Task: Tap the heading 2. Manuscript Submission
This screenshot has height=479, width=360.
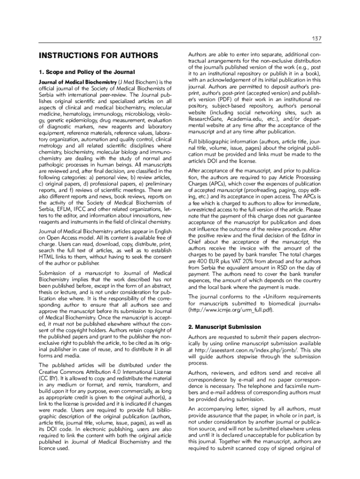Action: (224, 327)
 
